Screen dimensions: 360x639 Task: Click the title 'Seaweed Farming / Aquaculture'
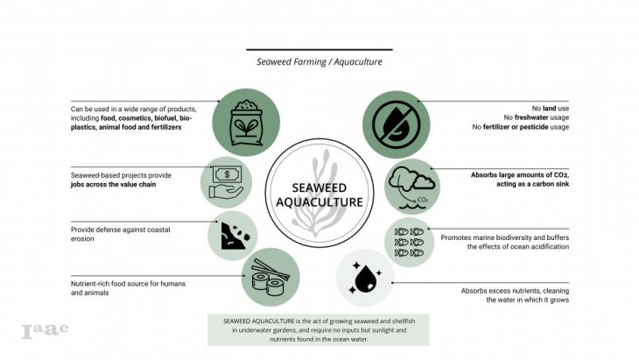pyautogui.click(x=319, y=63)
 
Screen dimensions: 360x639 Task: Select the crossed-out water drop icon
pyautogui.click(x=397, y=124)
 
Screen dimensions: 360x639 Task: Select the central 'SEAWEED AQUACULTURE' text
pyautogui.click(x=319, y=194)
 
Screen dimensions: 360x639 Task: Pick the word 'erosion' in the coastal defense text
pyautogui.click(x=85, y=240)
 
